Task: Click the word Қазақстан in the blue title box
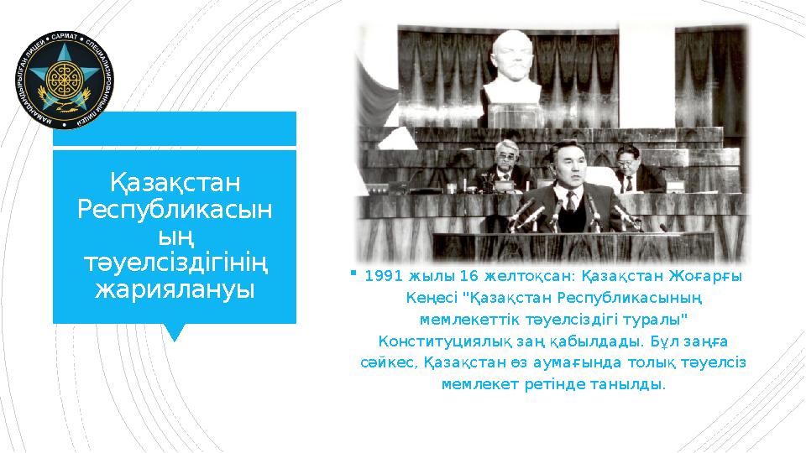pos(175,182)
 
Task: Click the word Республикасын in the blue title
pos(175,209)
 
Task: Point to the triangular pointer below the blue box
pos(175,332)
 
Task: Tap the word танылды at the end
pos(636,385)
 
